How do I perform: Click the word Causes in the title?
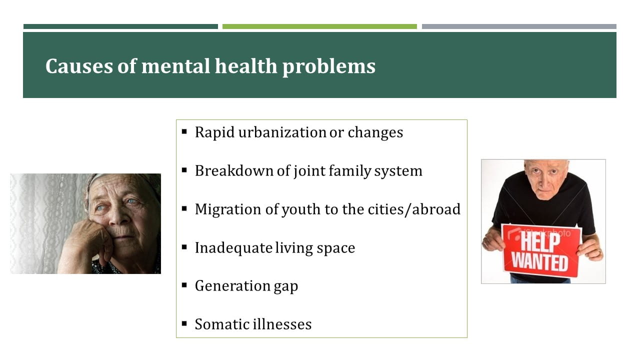click(x=79, y=66)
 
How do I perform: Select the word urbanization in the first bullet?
click(x=282, y=132)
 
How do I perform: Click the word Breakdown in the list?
click(x=234, y=170)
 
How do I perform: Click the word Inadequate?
click(x=233, y=247)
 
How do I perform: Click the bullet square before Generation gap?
click(x=184, y=285)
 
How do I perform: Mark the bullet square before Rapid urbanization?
click(x=184, y=131)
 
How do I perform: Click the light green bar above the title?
click(x=319, y=26)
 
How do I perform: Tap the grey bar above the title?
click(x=519, y=26)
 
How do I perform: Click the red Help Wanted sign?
click(x=541, y=251)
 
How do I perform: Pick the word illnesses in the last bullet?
click(x=282, y=324)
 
